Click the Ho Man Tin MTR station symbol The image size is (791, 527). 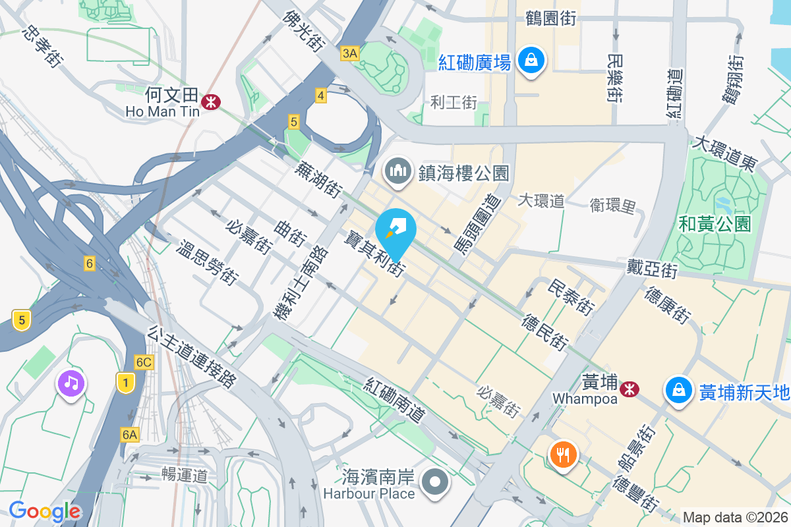(x=212, y=101)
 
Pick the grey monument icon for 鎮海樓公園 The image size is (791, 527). (x=398, y=172)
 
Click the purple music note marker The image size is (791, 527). (x=71, y=383)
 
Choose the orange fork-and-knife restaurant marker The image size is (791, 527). (x=563, y=454)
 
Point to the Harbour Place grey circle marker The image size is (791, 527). (x=435, y=482)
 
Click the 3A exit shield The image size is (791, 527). (x=350, y=53)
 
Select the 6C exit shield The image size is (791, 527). (x=144, y=362)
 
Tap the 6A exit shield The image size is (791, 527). (x=130, y=434)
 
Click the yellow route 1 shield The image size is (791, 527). (x=125, y=381)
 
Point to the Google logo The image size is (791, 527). (x=45, y=511)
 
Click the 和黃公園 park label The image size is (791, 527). (x=715, y=224)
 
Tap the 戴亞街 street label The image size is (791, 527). (x=652, y=269)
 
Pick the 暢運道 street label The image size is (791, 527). (x=185, y=475)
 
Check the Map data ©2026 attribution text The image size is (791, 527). (x=735, y=517)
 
